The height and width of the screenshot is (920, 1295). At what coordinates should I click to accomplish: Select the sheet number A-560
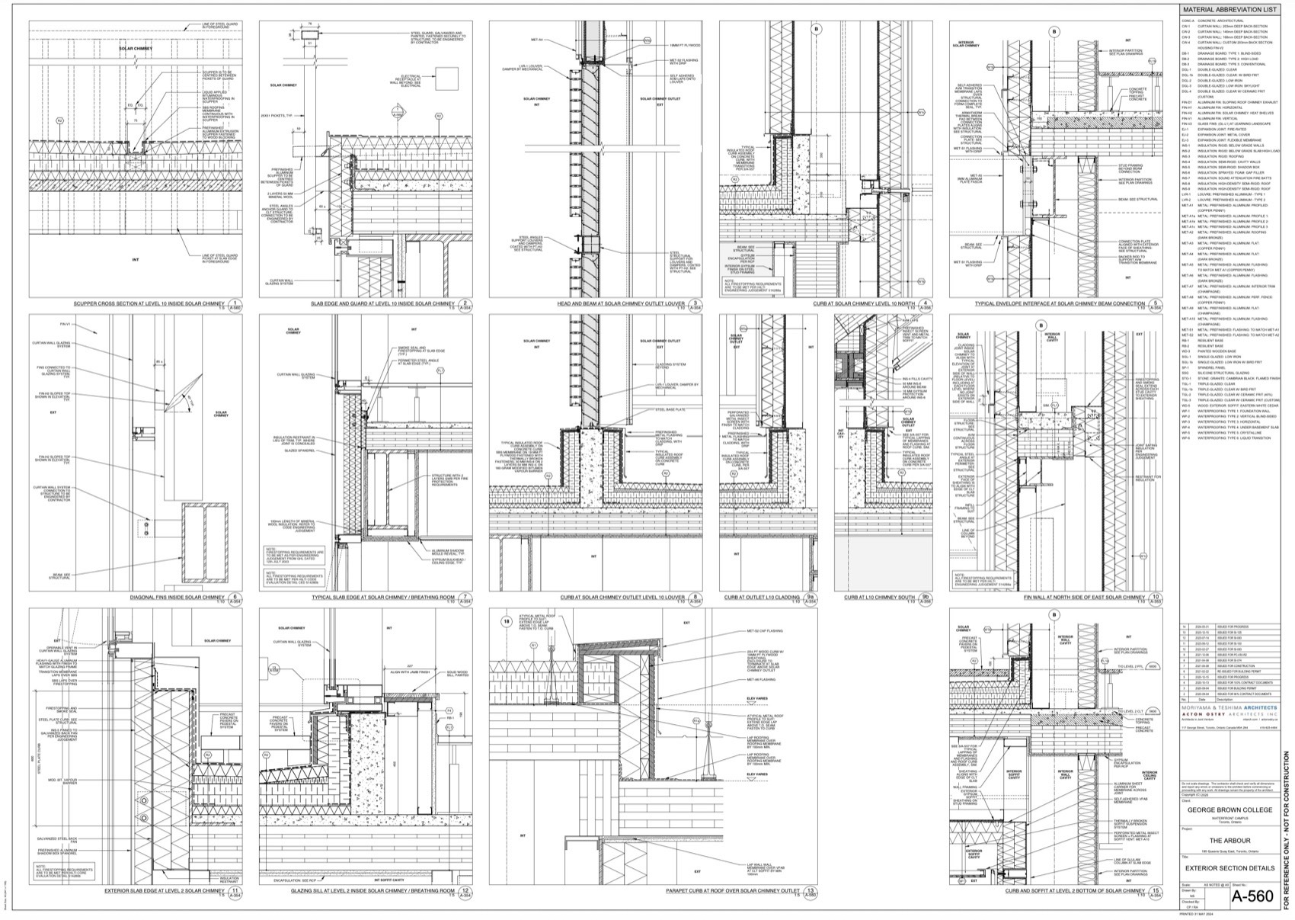[1252, 896]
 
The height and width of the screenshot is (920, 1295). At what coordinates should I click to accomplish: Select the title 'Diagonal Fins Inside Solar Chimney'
[178, 598]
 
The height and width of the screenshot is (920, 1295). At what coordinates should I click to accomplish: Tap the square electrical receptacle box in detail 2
[446, 77]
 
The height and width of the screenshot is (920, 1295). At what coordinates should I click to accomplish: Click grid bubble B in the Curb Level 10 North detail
[817, 30]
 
